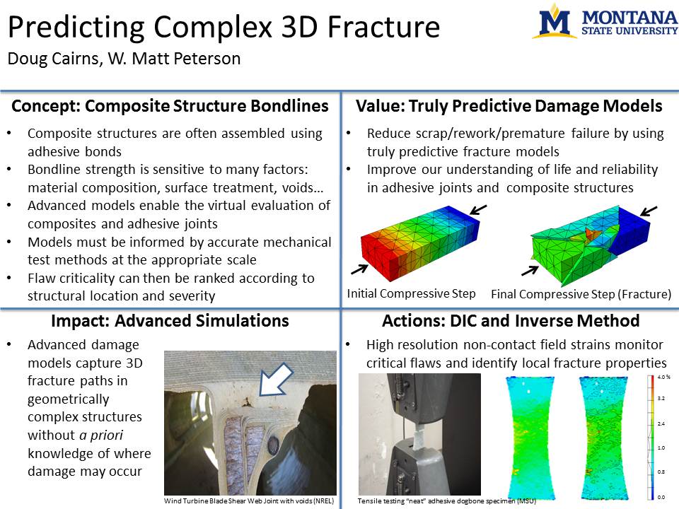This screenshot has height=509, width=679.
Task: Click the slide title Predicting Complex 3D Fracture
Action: pyautogui.click(x=224, y=27)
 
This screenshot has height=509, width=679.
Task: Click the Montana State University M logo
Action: pyautogui.click(x=555, y=21)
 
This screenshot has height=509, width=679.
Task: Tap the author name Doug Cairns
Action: pyautogui.click(x=53, y=59)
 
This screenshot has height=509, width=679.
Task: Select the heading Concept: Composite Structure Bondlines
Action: pyautogui.click(x=170, y=106)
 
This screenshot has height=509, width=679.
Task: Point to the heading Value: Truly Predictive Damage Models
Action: pyautogui.click(x=509, y=106)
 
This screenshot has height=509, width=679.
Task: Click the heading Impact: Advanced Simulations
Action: pyautogui.click(x=170, y=321)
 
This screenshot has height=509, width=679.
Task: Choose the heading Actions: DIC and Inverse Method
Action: pyautogui.click(x=511, y=321)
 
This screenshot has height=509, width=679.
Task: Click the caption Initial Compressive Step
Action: pyautogui.click(x=411, y=293)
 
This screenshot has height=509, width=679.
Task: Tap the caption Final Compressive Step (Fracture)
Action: pyautogui.click(x=581, y=294)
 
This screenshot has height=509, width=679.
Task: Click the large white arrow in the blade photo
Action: pyautogui.click(x=277, y=380)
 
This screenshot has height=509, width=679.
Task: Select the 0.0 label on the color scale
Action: pyautogui.click(x=661, y=497)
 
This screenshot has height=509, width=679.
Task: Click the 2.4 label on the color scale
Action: pyautogui.click(x=661, y=423)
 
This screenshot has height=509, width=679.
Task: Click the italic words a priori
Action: pyautogui.click(x=101, y=435)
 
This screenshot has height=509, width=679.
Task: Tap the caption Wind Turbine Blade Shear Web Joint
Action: pyautogui.click(x=248, y=501)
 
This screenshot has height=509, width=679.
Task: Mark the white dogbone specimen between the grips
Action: pyautogui.click(x=418, y=438)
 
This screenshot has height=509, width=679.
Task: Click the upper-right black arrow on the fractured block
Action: pyautogui.click(x=649, y=211)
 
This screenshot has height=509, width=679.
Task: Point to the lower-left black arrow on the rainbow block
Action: pyautogui.click(x=359, y=269)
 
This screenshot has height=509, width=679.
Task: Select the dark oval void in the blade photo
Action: pyautogui.click(x=274, y=445)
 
